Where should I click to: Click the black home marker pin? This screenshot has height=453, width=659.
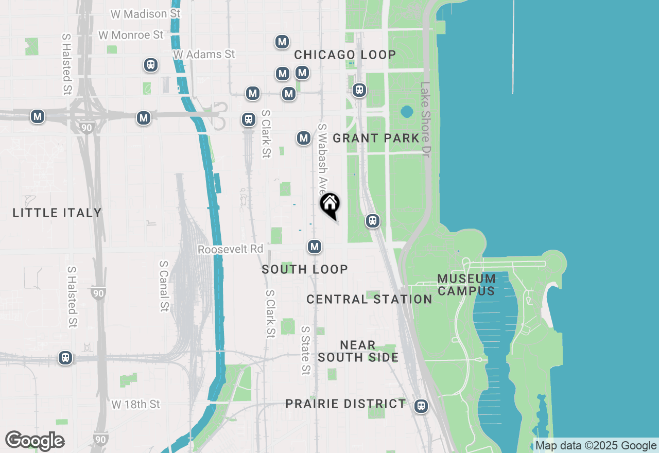(x=329, y=204)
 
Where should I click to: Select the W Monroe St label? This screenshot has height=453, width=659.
(x=131, y=35)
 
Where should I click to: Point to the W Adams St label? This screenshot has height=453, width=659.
(x=204, y=54)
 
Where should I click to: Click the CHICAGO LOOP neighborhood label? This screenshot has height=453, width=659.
(x=345, y=55)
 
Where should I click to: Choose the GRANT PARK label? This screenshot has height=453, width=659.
(x=376, y=138)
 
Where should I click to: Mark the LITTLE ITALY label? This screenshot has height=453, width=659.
(x=57, y=213)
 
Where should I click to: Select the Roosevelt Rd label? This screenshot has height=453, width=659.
(x=230, y=249)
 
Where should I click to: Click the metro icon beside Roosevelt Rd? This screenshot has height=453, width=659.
(x=315, y=247)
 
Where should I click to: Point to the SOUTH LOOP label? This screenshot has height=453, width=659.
(x=305, y=269)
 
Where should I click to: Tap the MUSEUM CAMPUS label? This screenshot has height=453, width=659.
(x=466, y=285)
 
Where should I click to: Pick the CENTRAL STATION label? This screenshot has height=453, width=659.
(x=369, y=299)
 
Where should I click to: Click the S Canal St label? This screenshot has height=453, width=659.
(x=164, y=286)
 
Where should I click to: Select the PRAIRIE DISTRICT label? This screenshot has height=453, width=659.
(x=346, y=404)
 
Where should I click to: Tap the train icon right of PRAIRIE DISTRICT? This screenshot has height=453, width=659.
(x=421, y=406)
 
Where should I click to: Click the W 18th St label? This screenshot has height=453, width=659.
(x=136, y=404)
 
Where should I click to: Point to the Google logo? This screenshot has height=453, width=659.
(x=34, y=441)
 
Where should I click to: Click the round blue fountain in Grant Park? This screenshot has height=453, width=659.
(x=406, y=112)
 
